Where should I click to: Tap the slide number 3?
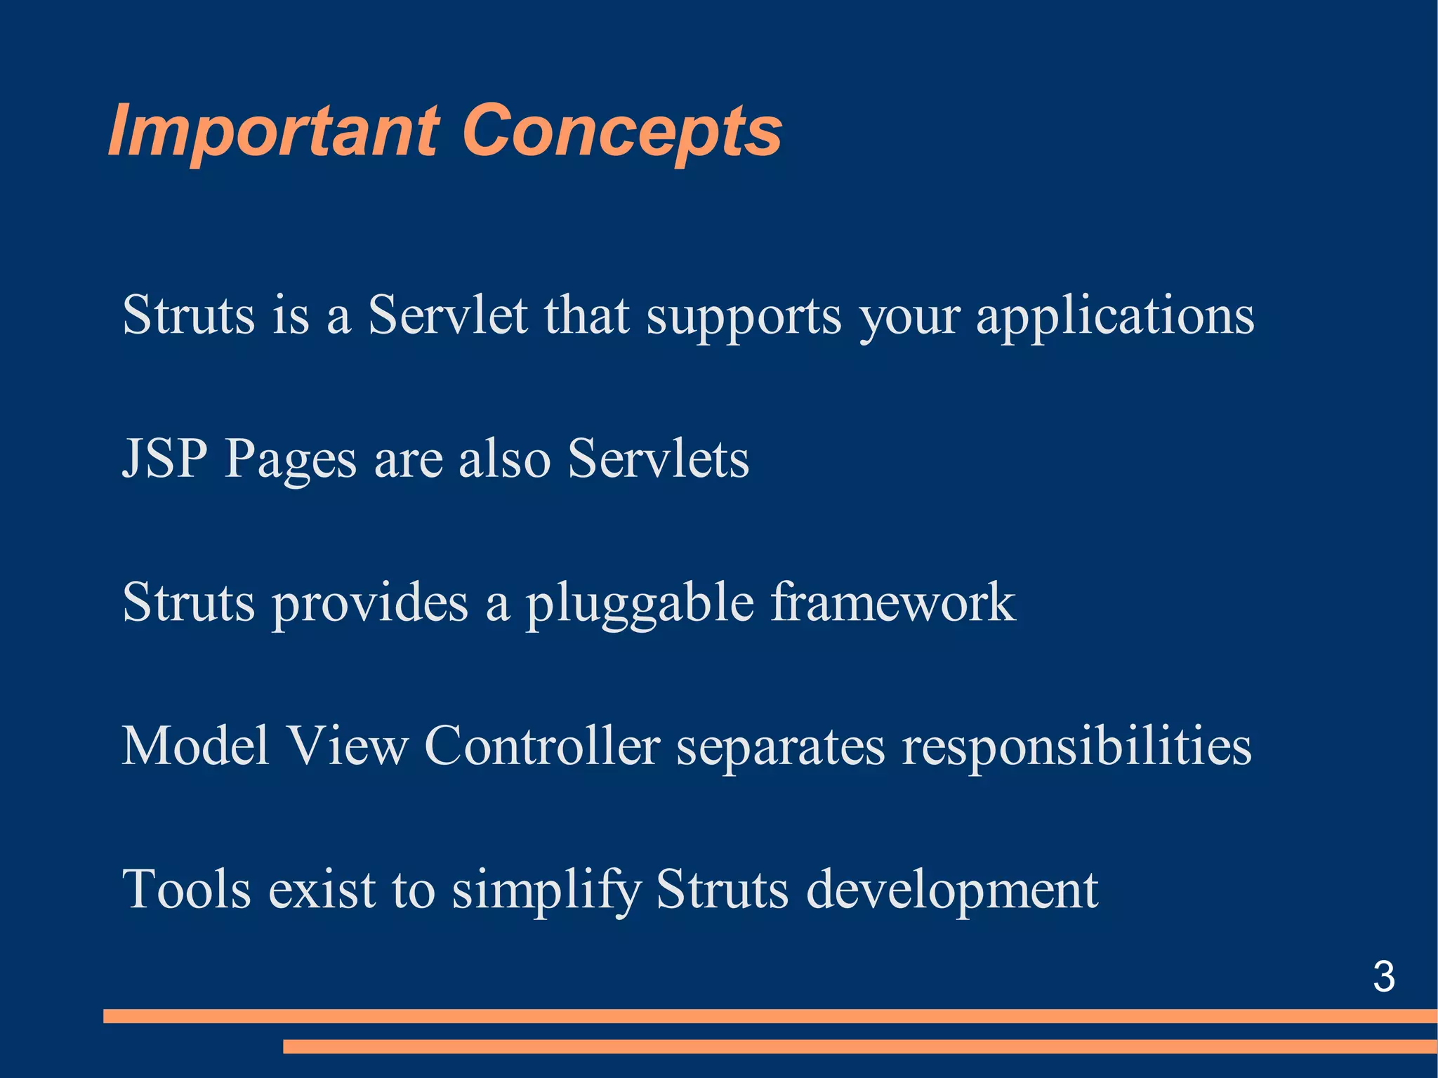[x=1383, y=977]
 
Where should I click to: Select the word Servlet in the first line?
[x=447, y=315]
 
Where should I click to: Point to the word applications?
[x=1115, y=316]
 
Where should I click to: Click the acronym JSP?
[x=165, y=459]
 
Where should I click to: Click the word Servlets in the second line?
[x=658, y=459]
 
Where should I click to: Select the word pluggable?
[x=640, y=604]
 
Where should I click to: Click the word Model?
[x=196, y=746]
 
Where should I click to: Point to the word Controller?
[x=542, y=746]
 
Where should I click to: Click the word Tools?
[x=186, y=890]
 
